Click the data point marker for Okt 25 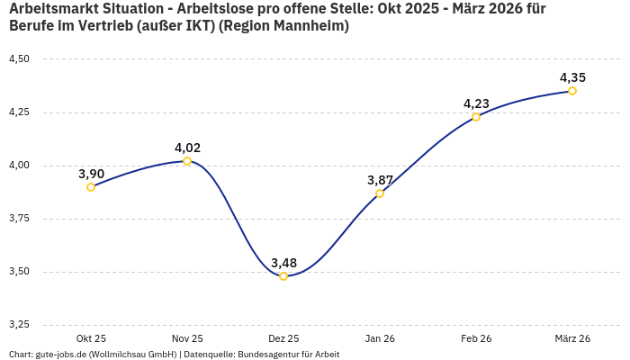[91, 187]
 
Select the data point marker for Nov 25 [187, 161]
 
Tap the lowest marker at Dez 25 [283, 276]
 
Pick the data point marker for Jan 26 [380, 193]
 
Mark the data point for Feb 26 [476, 117]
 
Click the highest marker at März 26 [572, 91]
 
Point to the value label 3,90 [91, 174]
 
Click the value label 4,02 [187, 148]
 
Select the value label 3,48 [283, 263]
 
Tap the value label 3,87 [380, 180]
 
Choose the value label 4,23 [476, 103]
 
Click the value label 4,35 [572, 77]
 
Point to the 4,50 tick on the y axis [19, 59]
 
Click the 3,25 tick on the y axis [19, 325]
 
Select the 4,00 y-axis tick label [19, 166]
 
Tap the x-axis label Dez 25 [283, 338]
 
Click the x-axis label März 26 [572, 338]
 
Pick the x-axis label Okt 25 [91, 338]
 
